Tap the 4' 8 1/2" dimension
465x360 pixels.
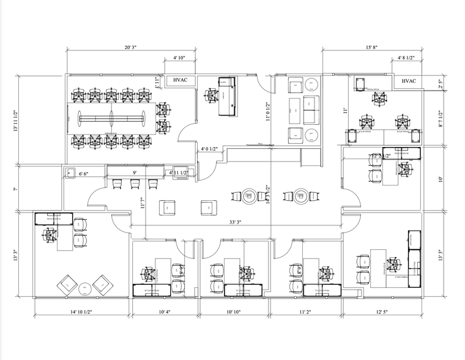click(406, 58)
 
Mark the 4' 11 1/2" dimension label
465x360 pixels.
click(180, 173)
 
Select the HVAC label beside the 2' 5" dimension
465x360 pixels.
click(408, 81)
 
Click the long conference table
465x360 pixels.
click(111, 117)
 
